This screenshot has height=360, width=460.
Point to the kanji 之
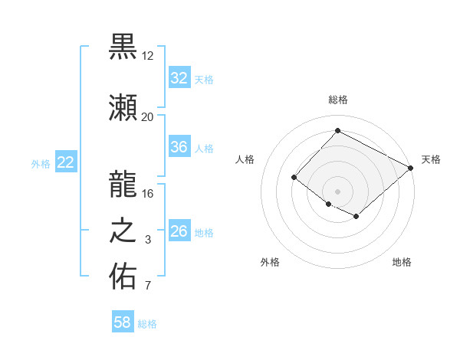123,231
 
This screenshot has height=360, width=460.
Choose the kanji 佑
123,277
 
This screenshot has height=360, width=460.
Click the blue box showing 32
179,78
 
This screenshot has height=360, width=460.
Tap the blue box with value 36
179,147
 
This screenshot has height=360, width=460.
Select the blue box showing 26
179,231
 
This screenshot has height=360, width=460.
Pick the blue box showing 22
65,162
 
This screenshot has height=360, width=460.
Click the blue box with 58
123,322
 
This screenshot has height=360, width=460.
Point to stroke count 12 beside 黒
147,57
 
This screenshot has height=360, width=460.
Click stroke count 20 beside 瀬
147,116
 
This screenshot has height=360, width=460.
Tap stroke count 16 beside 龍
147,193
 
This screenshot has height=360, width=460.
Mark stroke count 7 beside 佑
148,286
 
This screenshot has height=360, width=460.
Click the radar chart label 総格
338,100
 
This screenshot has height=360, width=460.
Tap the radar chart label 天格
431,159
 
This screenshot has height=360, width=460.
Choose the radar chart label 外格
270,262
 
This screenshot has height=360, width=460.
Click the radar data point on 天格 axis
411,168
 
